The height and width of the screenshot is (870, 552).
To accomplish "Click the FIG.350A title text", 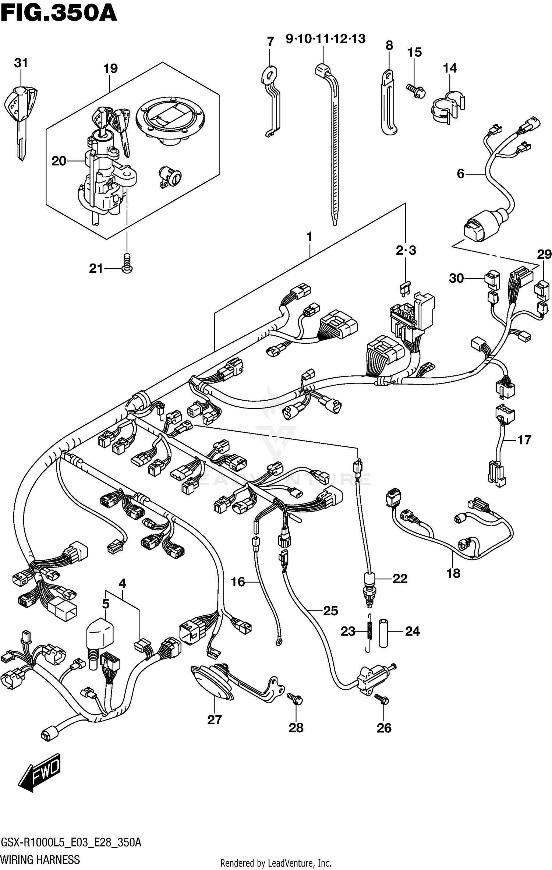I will [59, 14].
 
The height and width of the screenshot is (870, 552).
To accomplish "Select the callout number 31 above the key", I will [21, 63].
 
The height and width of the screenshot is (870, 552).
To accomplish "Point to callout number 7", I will [270, 42].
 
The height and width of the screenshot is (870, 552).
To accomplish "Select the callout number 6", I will [461, 173].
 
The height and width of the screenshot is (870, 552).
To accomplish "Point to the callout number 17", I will [524, 439].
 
